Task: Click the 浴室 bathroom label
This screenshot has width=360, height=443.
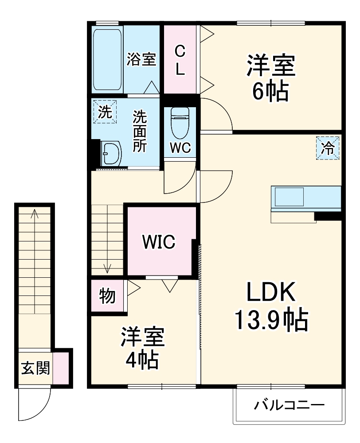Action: click(x=141, y=60)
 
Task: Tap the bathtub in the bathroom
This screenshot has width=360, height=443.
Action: click(x=108, y=60)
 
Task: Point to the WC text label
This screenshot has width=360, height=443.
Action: click(x=180, y=148)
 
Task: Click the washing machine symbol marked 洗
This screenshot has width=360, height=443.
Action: click(x=105, y=112)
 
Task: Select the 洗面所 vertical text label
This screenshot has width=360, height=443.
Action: click(x=140, y=132)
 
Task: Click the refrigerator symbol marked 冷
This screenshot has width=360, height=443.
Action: click(x=329, y=148)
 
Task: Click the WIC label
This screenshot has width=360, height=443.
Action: click(x=159, y=242)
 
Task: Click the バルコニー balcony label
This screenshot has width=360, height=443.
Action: click(x=289, y=405)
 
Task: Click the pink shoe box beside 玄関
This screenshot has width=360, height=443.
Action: click(x=61, y=368)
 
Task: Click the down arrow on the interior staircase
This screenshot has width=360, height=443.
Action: click(x=107, y=267)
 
